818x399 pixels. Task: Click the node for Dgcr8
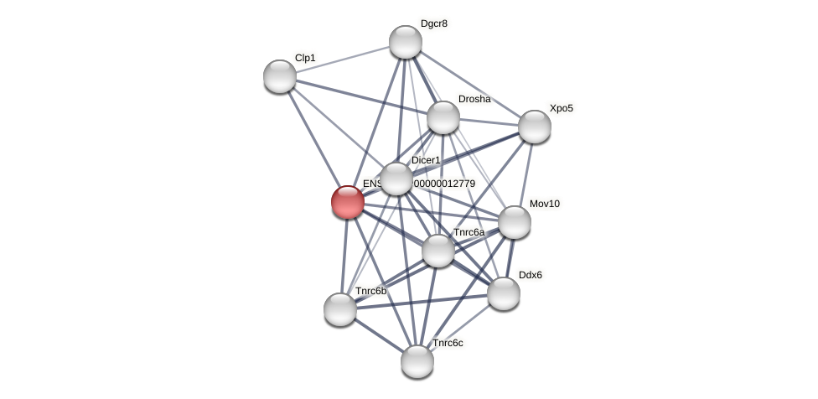406,42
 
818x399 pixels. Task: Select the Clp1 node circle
280,76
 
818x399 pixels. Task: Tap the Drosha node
443,117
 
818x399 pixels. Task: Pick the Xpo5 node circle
535,127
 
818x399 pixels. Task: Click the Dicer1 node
396,179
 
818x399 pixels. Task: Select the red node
348,202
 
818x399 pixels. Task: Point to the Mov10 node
515,222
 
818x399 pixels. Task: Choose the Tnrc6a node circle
438,251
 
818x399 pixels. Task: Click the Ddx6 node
504,293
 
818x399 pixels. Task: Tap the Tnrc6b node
340,309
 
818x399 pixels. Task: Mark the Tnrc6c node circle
417,361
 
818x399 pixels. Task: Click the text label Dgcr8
434,23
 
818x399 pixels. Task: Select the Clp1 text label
305,58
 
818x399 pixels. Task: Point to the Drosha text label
474,99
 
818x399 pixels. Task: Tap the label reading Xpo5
562,108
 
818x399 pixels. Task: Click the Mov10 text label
545,204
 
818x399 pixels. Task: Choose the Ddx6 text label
531,275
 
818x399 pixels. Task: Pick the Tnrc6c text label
448,343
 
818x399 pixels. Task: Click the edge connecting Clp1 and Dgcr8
343,59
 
